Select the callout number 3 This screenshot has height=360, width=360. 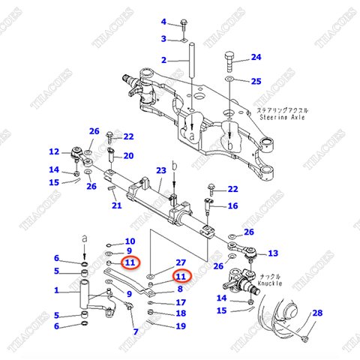(163, 39)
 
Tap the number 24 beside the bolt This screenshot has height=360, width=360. (256, 57)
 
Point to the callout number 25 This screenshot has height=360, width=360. (256, 81)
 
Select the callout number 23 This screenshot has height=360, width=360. (160, 171)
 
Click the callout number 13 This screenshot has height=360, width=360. (272, 253)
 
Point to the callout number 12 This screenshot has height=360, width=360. (54, 151)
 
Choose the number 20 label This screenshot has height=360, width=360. (128, 156)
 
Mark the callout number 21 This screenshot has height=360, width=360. (115, 206)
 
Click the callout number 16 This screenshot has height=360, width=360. (232, 206)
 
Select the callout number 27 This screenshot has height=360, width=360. (180, 262)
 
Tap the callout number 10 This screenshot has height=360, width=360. (129, 241)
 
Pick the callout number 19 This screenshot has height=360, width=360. (180, 326)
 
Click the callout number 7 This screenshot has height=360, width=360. (135, 331)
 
